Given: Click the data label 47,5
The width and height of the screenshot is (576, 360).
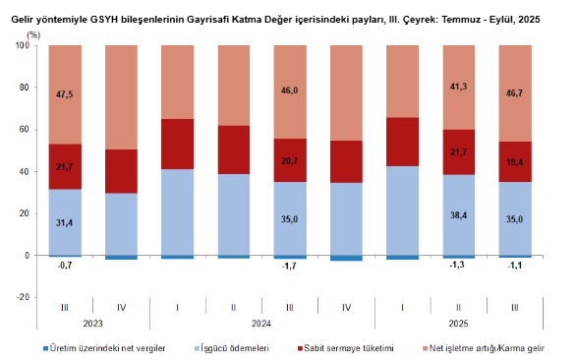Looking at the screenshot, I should click(x=65, y=95).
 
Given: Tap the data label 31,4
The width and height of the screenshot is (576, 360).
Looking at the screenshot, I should click(x=65, y=223).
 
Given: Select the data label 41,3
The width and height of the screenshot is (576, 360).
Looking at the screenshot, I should click(x=458, y=88).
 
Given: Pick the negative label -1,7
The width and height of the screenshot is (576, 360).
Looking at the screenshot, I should click(x=289, y=266).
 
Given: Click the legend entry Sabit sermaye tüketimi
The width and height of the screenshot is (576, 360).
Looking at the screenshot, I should click(x=350, y=347).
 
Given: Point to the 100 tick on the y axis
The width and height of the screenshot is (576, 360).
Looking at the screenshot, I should click(x=23, y=45).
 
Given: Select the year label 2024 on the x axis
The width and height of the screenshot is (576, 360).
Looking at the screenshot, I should click(x=261, y=323).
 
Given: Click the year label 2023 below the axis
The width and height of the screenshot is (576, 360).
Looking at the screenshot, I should click(x=92, y=323).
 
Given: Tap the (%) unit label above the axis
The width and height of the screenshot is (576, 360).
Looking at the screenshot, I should click(x=33, y=33).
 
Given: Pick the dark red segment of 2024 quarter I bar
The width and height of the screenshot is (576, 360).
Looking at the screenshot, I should click(x=177, y=145).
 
